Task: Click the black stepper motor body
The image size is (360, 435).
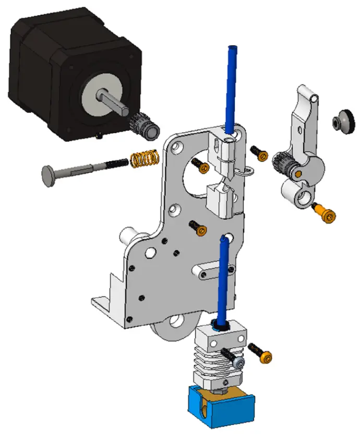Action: [47, 57]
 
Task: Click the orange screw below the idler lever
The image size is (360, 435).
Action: [326, 213]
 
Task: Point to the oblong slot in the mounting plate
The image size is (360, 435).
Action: [209, 272]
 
